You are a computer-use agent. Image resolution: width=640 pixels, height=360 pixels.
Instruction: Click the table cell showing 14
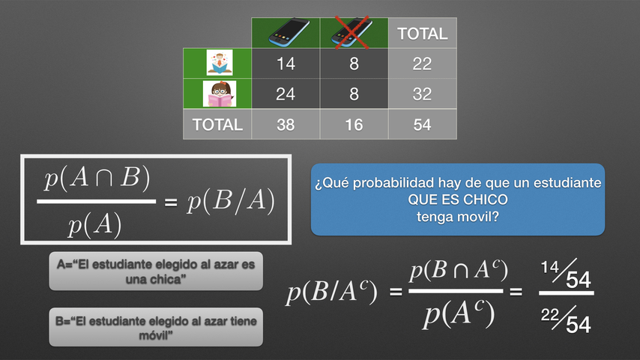point(286,63)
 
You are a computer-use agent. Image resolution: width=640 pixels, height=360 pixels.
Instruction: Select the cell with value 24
point(286,94)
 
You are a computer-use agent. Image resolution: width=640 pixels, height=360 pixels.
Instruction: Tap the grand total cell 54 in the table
point(422,124)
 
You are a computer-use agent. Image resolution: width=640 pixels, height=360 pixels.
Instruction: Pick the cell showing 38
point(286,124)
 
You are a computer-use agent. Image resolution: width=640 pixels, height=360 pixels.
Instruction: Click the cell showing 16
point(354,124)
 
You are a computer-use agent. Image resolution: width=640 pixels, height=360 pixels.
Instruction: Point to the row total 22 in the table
point(422,63)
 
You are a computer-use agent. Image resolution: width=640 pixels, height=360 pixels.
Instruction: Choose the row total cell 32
point(422,94)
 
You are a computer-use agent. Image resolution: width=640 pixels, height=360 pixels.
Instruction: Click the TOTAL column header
point(423,34)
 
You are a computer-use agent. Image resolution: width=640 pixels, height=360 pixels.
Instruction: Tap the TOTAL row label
point(217,124)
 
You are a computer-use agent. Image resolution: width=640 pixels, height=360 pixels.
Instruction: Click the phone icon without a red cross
point(289,31)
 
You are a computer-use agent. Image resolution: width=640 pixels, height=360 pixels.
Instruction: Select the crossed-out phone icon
point(351,31)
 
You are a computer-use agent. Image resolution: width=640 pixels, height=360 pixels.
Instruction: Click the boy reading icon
point(220,62)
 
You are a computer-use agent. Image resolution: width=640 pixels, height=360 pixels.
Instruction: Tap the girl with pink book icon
point(220,94)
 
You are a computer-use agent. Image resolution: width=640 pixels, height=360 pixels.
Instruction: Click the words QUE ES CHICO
point(458,199)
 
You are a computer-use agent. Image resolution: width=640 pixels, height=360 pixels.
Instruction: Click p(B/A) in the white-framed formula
point(231,201)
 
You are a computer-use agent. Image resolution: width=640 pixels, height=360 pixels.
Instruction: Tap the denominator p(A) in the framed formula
point(94,225)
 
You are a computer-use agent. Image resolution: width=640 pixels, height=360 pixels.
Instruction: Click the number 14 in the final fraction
point(549,268)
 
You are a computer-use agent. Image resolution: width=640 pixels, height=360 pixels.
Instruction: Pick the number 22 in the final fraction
point(550,315)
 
